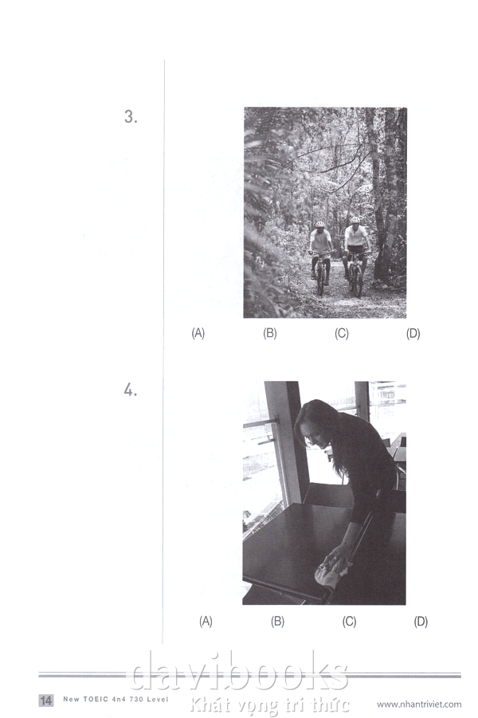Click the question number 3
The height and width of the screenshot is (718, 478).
[131, 117]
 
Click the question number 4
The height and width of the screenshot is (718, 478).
[131, 390]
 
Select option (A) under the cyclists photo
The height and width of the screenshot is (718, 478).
[198, 333]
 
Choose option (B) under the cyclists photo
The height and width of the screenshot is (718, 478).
[270, 333]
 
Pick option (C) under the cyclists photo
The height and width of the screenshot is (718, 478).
[342, 333]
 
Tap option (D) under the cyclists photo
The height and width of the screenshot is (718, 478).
[413, 333]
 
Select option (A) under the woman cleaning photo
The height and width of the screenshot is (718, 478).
[206, 622]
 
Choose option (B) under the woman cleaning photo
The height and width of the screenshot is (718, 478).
[277, 622]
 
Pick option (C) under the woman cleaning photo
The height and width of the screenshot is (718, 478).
[350, 622]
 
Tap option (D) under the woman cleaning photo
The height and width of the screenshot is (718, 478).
[421, 622]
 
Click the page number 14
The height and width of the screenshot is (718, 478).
[45, 700]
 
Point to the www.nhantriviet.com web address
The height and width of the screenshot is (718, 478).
[419, 704]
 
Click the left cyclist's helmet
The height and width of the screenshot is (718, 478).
[320, 225]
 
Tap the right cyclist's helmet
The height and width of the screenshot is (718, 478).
[355, 220]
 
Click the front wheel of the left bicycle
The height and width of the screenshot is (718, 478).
[321, 281]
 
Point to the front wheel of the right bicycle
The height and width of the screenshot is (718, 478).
[358, 281]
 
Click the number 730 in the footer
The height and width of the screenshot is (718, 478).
[136, 699]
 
